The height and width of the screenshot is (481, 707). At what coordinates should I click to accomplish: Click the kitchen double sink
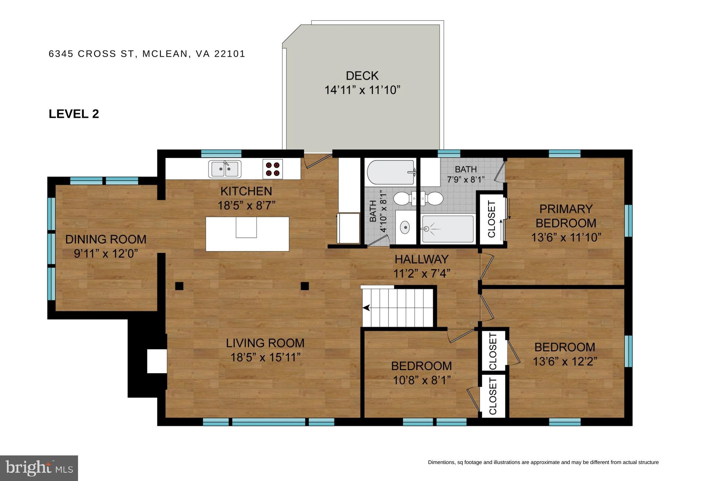[x=225, y=169]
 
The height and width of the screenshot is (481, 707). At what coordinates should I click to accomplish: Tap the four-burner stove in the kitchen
[x=272, y=169]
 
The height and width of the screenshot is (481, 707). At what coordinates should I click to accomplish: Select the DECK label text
[x=362, y=76]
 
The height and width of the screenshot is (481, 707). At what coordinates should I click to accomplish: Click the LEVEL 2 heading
[x=74, y=114]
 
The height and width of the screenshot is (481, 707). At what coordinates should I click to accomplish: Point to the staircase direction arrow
[x=366, y=308]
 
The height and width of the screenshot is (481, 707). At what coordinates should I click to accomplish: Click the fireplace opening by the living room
[x=157, y=361]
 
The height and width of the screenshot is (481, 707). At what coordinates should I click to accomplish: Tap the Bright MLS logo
[x=39, y=468]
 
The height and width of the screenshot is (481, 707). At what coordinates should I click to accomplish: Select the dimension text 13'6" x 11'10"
[x=566, y=237]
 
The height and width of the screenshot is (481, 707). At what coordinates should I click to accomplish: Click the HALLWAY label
[x=422, y=259]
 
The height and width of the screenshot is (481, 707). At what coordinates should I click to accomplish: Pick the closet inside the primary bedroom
[x=491, y=219]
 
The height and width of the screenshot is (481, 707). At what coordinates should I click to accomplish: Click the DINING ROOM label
[x=106, y=239]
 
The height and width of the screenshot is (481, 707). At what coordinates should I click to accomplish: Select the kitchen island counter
[x=247, y=234]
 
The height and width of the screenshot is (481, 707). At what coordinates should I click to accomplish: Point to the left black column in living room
[x=179, y=286]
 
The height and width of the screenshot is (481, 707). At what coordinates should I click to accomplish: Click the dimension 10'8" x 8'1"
[x=422, y=380]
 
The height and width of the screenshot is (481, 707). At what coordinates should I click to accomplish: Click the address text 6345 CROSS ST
[x=91, y=54]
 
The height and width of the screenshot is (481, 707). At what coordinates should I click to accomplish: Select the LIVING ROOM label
[x=265, y=343]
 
